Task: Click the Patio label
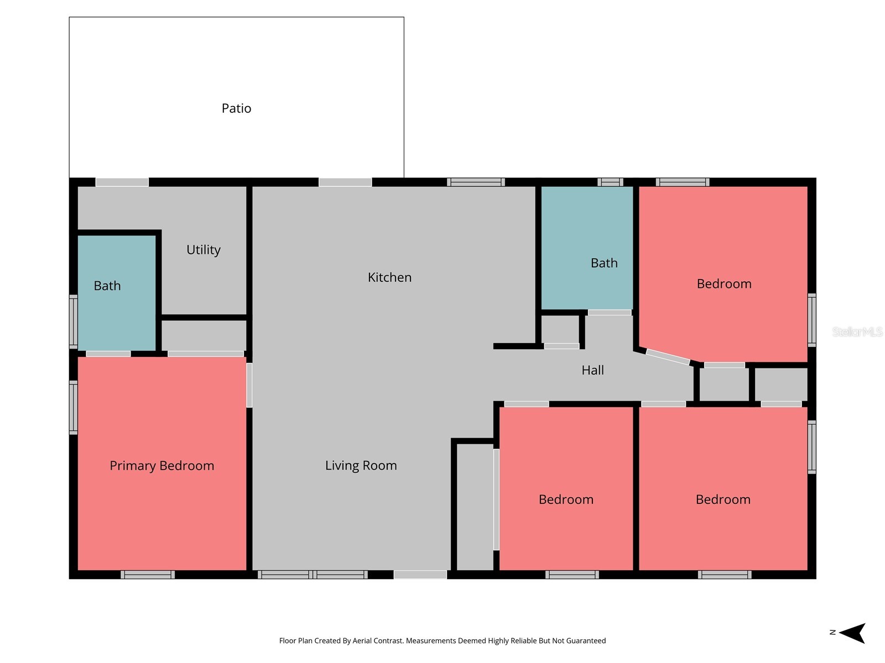point(236,108)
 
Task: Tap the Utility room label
point(203,250)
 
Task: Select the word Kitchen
point(389,277)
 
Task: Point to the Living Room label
point(361,465)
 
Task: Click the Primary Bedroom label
point(162,466)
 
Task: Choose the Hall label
point(592,370)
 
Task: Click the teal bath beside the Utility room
point(117,293)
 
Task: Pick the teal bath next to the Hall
point(587,248)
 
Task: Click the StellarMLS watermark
point(857,331)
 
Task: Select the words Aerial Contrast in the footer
point(378,640)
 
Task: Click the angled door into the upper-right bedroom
point(668,357)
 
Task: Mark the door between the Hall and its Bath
point(610,312)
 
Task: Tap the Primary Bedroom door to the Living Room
point(249,385)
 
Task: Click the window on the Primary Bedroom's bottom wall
point(148,575)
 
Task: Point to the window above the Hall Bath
point(610,182)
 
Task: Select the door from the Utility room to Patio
point(122,182)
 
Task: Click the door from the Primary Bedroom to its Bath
point(108,354)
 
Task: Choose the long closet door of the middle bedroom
point(496,499)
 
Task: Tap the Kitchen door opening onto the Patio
point(345,182)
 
